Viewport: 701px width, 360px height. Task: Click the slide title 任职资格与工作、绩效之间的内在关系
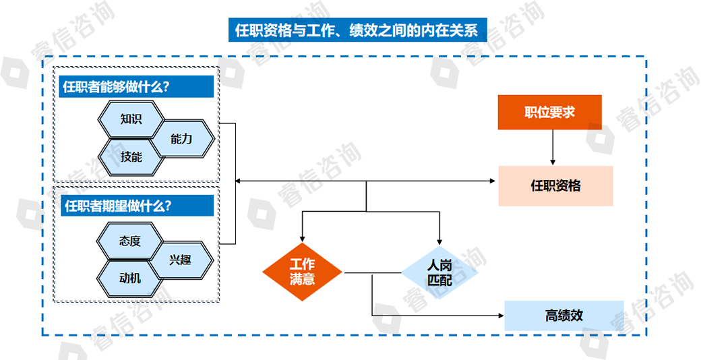(357, 30)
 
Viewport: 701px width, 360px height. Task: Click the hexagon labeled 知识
(131, 119)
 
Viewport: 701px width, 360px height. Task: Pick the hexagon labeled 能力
(181, 139)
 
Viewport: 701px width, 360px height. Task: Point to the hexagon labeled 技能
(131, 157)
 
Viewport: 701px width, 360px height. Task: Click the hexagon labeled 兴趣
(180, 259)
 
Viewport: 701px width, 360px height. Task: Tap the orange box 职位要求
(549, 113)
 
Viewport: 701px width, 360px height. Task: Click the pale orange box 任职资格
(555, 185)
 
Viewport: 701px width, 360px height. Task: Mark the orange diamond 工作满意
(302, 272)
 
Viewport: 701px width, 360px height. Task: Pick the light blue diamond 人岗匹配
(439, 272)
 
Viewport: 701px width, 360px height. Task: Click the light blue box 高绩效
(563, 316)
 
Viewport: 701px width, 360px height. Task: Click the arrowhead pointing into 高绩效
(500, 315)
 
